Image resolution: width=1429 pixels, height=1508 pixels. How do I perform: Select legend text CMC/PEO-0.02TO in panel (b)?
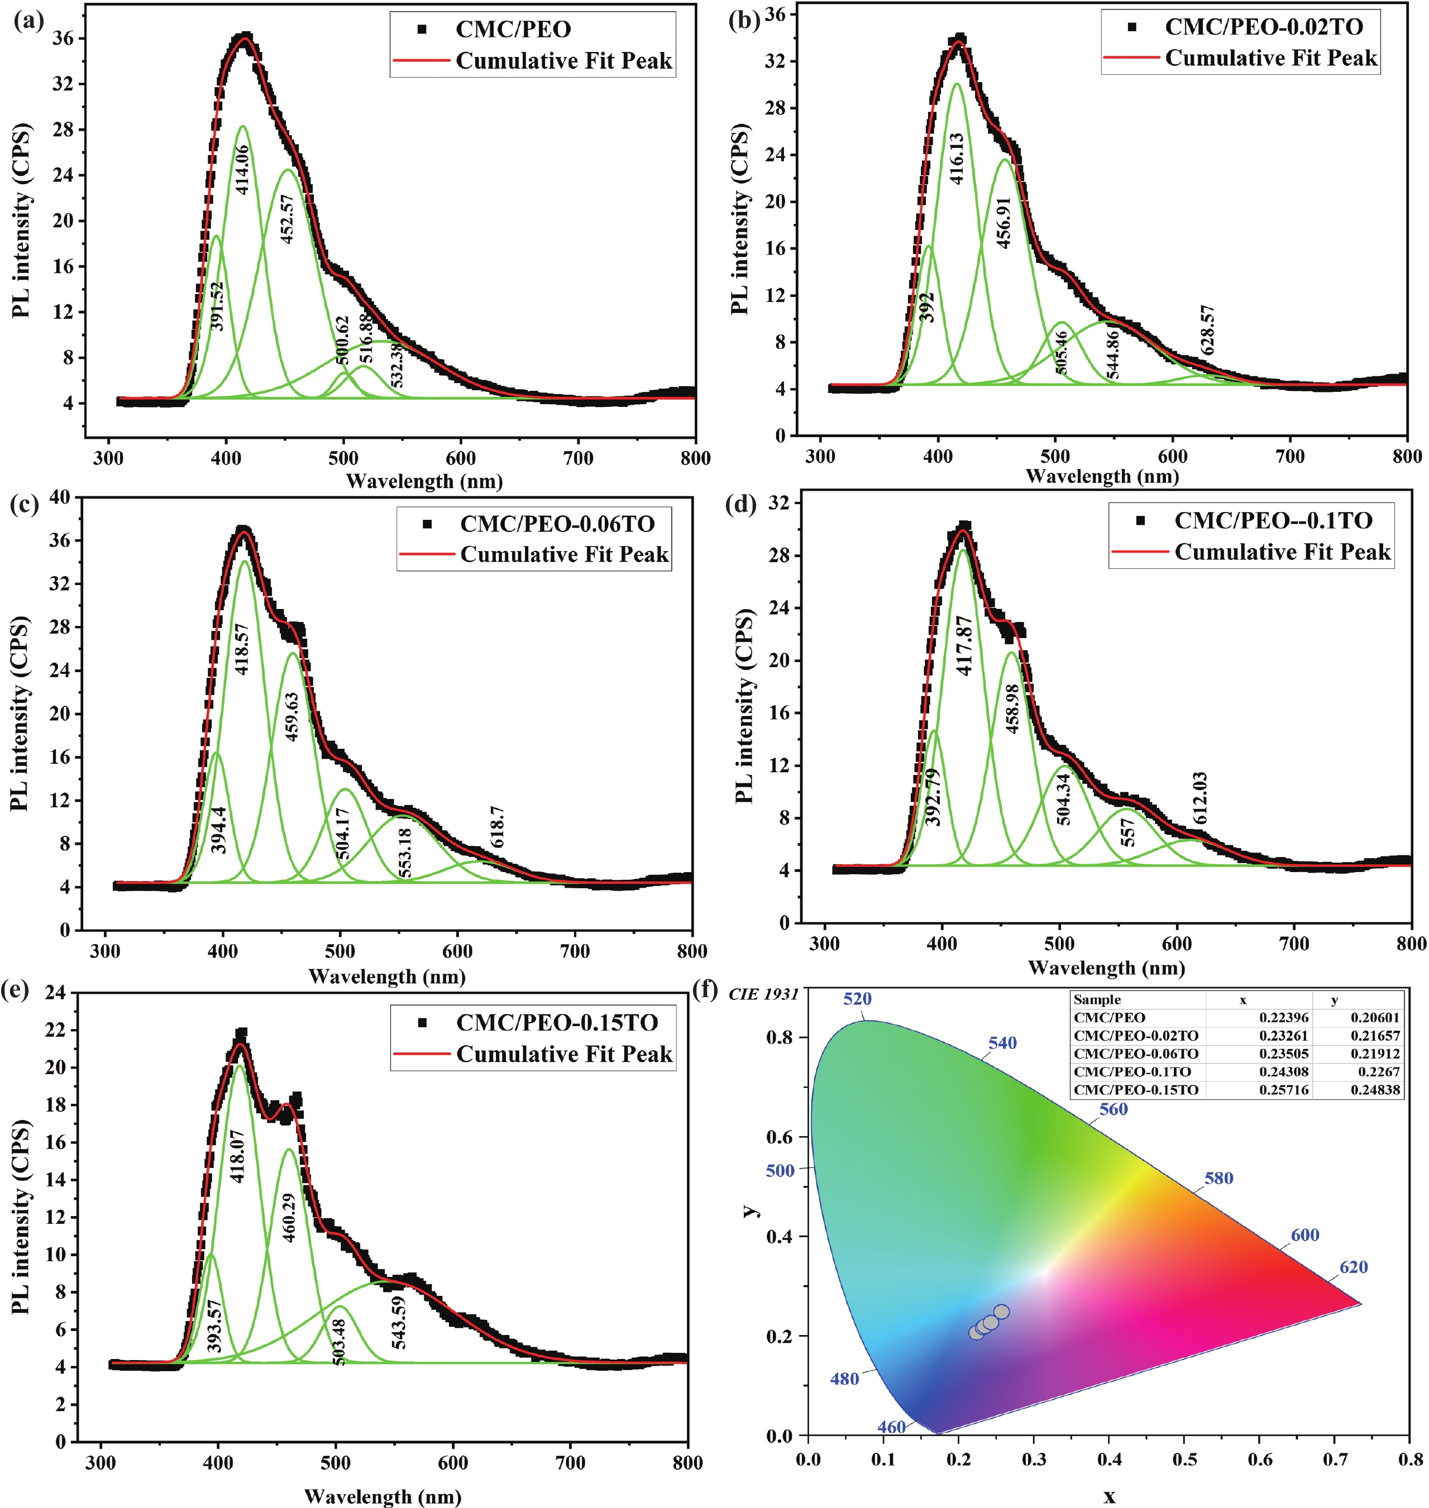(1264, 27)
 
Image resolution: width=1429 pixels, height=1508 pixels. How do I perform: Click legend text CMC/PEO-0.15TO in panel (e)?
(557, 1022)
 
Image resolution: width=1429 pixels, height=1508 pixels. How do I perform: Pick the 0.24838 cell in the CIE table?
(1375, 1090)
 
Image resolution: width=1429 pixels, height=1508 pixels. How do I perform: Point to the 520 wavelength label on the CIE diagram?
(857, 998)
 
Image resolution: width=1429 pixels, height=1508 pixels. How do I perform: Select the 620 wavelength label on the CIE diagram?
(1354, 1267)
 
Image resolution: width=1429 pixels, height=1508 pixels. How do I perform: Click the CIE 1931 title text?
(763, 994)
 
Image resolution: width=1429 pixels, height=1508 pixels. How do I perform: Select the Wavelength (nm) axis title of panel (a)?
(424, 481)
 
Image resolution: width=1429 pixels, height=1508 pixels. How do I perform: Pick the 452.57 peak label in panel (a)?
(286, 219)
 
